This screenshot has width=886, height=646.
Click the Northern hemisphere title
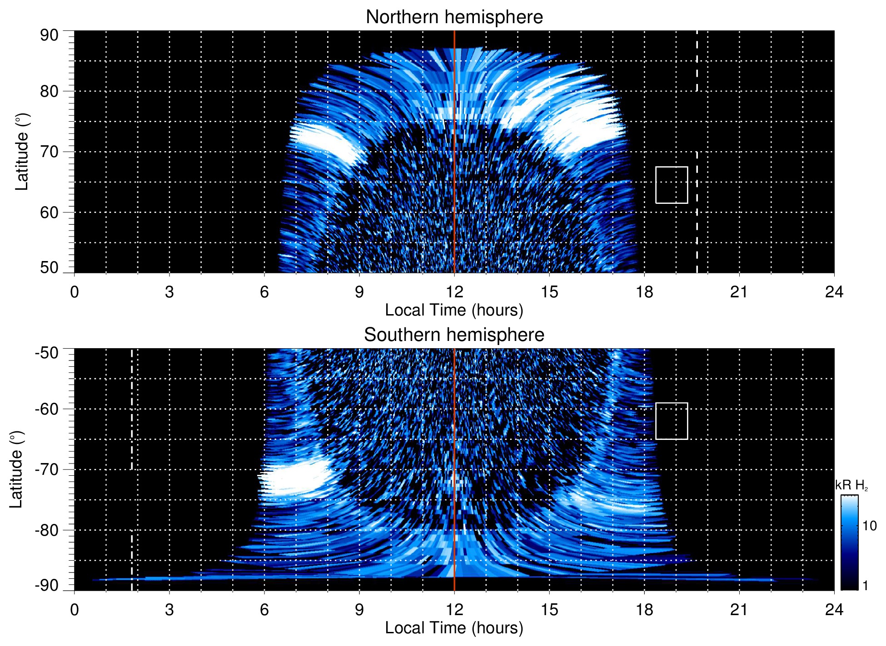[454, 17]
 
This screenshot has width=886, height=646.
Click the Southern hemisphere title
[454, 335]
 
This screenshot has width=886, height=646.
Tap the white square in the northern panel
[671, 185]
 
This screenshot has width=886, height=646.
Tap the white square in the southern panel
[671, 421]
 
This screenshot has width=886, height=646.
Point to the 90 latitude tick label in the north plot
[49, 35]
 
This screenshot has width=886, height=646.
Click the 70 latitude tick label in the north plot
[49, 152]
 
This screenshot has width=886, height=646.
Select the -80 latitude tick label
[46, 530]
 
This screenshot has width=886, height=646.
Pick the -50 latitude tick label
[46, 353]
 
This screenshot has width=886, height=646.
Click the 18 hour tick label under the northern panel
[644, 292]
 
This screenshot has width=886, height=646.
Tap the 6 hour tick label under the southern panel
[264, 610]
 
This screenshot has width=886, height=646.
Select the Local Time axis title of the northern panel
[454, 311]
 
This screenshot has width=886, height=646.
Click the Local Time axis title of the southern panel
[454, 628]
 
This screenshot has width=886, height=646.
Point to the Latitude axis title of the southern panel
[16, 469]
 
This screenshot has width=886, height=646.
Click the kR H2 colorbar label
[851, 485]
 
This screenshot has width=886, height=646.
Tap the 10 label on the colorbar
[869, 526]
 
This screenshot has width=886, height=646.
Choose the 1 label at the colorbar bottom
[865, 586]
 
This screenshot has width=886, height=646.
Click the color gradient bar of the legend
[849, 542]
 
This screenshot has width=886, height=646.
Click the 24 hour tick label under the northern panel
[834, 292]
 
